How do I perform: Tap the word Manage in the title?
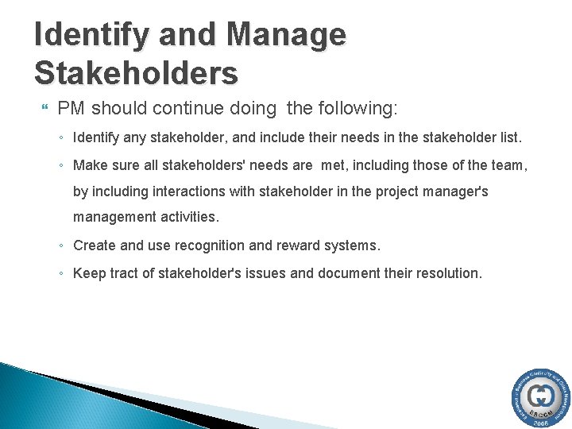288,36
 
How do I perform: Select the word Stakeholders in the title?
136,73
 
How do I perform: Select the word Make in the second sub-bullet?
89,165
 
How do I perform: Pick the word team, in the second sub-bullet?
508,165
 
